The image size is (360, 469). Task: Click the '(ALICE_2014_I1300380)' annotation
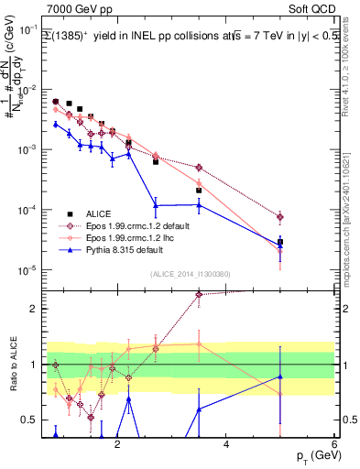coord(189,273)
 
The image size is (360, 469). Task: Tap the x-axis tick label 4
coord(226,442)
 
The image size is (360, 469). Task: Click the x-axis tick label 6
coord(334,442)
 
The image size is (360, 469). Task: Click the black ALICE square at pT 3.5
coord(199,191)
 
